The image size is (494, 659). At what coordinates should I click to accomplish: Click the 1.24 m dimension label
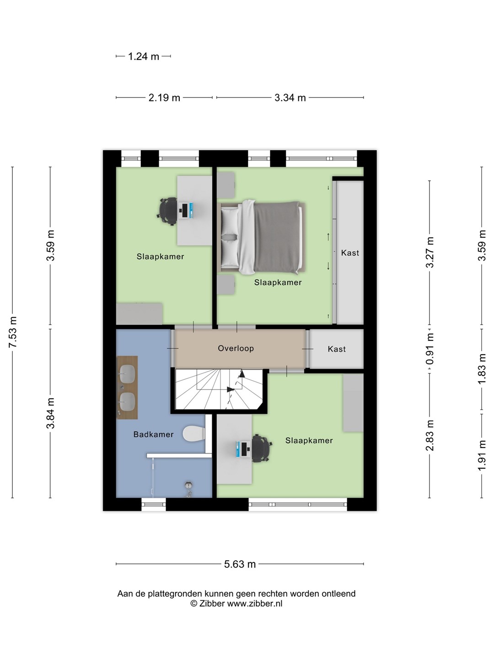pyautogui.click(x=143, y=56)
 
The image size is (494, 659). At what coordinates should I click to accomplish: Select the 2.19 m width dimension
pyautogui.click(x=164, y=97)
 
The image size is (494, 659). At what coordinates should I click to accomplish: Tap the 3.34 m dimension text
pyautogui.click(x=290, y=97)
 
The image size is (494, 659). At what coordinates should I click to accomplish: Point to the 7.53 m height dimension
pyautogui.click(x=13, y=332)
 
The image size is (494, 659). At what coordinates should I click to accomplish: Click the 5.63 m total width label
pyautogui.click(x=240, y=564)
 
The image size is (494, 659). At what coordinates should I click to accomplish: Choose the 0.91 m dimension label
pyautogui.click(x=430, y=349)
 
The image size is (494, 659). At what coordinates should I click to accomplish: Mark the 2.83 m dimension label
pyautogui.click(x=430, y=435)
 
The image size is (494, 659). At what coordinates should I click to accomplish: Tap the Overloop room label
pyautogui.click(x=236, y=348)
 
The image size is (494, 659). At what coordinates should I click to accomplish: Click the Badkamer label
pyautogui.click(x=154, y=434)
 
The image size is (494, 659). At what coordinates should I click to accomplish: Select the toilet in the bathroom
pyautogui.click(x=194, y=433)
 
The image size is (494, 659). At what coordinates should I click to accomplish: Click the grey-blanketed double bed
pyautogui.click(x=262, y=238)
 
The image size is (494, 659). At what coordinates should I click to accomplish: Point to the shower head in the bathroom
pyautogui.click(x=188, y=489)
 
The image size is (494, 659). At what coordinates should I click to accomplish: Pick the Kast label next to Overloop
pyautogui.click(x=337, y=349)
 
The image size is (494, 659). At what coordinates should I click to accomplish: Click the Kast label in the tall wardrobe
pyautogui.click(x=350, y=253)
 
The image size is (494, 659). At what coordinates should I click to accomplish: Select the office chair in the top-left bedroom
pyautogui.click(x=167, y=211)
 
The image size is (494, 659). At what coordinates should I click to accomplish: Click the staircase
pyautogui.click(x=219, y=389)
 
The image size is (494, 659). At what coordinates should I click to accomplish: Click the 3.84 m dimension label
pyautogui.click(x=50, y=413)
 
